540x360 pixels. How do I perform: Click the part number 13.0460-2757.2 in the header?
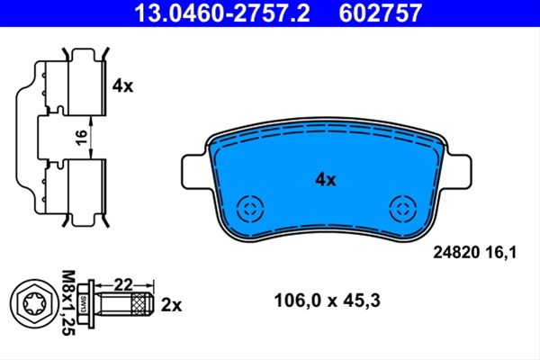coord(222,13)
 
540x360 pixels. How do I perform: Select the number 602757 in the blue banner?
coord(380,13)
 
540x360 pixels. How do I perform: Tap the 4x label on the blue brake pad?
coord(326,180)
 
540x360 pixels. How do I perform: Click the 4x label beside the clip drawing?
coord(122,85)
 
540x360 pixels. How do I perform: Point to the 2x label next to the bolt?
coord(171,305)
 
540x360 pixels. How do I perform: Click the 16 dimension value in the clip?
coord(81,138)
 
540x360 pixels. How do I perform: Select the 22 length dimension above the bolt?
coord(123,285)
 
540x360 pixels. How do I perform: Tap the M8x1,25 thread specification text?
coord(68,302)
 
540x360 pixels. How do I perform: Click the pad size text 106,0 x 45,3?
coord(328,301)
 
